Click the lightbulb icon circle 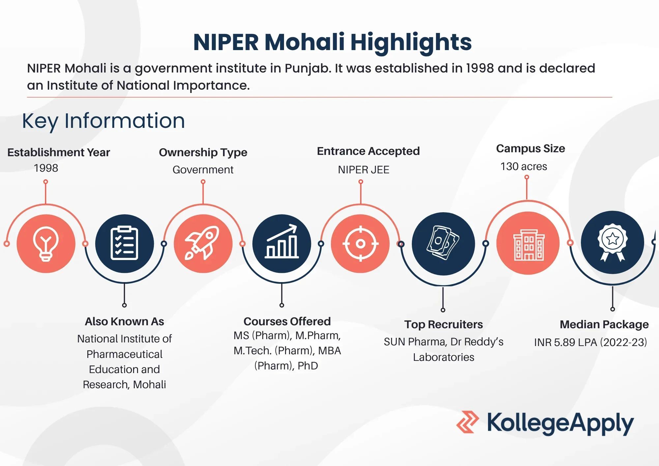pos(46,244)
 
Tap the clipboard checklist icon pos(124,244)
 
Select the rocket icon pos(203,244)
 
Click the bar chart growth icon pos(282,244)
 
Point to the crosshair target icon pos(360,244)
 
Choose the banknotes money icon pos(443,244)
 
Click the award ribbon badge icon pos(613,242)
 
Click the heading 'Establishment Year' pos(59,152)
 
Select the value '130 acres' pos(524,166)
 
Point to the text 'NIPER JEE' pos(363,170)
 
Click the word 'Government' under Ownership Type pos(203,170)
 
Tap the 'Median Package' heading pos(604,325)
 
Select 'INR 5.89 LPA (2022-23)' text pos(590,342)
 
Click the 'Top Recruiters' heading pos(444,325)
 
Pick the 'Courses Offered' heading pos(287,321)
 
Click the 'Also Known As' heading pos(125,321)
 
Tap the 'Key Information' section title pos(103,121)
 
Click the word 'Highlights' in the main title pos(411,43)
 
